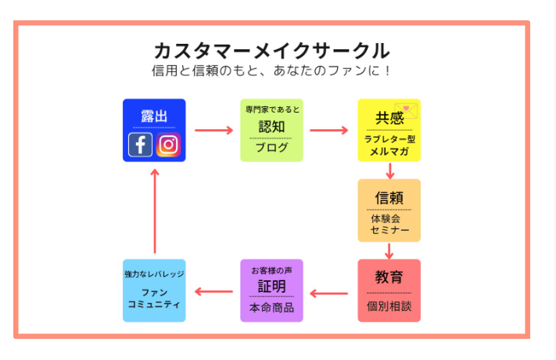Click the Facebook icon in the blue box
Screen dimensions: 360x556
click(141, 145)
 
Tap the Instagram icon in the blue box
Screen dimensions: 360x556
click(169, 145)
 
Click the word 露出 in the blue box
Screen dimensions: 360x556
click(154, 117)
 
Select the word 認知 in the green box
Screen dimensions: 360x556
click(271, 127)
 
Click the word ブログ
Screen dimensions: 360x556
click(271, 147)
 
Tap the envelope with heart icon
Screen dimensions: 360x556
click(407, 111)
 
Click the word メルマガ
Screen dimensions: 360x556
click(389, 152)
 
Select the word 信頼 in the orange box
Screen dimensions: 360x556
click(389, 198)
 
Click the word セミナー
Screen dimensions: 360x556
click(389, 231)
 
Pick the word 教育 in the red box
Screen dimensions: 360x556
click(389, 277)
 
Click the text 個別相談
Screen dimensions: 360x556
click(389, 306)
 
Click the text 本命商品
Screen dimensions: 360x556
click(271, 308)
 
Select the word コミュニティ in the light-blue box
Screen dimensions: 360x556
click(154, 304)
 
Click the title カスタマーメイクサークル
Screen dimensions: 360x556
click(271, 51)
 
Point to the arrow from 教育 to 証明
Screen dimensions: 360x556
click(329, 293)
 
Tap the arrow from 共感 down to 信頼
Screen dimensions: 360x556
click(389, 170)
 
